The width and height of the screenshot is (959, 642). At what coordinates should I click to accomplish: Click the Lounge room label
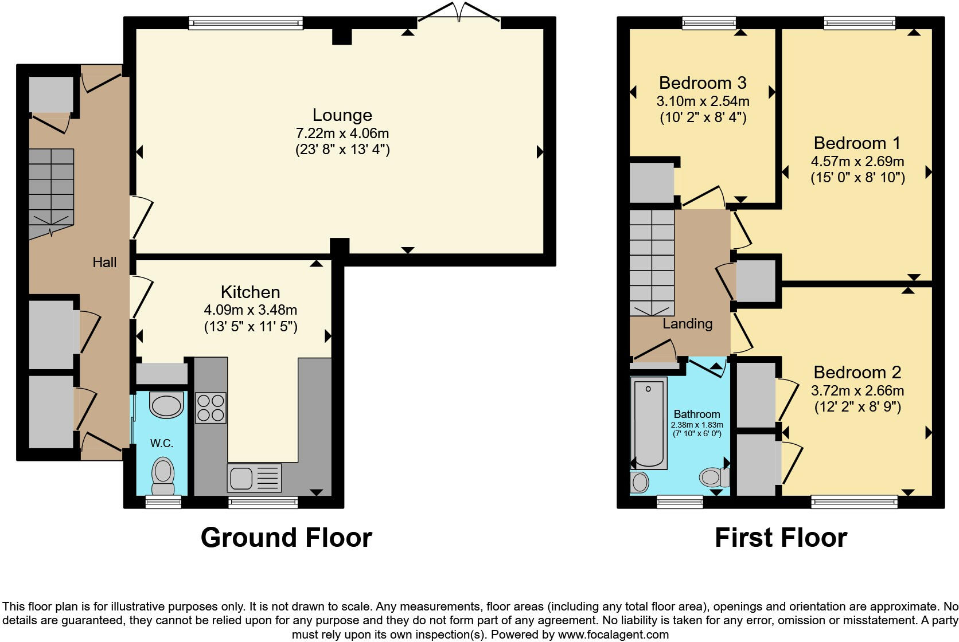342,115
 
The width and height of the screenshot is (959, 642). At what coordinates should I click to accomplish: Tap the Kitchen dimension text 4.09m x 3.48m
251,310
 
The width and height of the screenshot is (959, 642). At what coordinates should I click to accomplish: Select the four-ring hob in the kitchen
210,408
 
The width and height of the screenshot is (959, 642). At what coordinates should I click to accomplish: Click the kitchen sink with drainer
254,477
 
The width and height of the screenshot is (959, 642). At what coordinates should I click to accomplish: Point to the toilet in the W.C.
163,476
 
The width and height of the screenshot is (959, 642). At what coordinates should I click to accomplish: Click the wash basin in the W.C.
166,405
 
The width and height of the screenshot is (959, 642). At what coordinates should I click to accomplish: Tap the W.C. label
162,443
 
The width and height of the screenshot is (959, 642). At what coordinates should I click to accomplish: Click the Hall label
104,262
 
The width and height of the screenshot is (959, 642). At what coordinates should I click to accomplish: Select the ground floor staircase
52,193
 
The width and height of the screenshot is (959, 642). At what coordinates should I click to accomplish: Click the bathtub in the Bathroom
649,423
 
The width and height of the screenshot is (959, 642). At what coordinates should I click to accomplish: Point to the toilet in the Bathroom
715,477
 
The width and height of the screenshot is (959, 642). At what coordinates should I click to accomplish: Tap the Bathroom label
697,414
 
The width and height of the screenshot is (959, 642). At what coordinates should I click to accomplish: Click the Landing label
688,323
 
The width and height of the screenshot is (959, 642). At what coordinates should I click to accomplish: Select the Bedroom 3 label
703,83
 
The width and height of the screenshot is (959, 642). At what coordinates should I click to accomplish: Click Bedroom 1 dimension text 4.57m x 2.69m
857,161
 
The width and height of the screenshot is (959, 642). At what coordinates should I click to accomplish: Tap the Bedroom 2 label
857,373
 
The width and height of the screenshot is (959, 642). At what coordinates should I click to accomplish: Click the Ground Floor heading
286,538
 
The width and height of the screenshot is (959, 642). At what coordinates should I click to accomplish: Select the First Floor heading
781,538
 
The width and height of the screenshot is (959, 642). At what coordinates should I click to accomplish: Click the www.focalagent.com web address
614,635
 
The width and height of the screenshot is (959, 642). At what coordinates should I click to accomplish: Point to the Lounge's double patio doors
458,12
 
